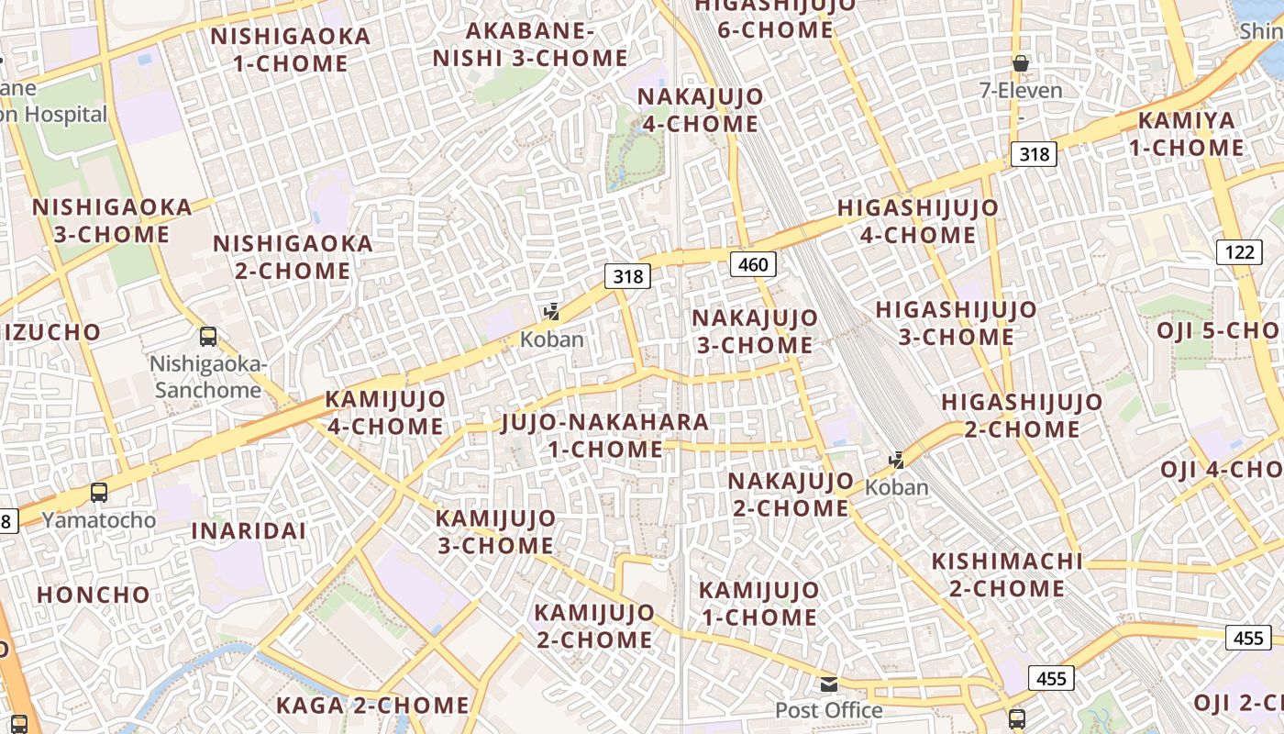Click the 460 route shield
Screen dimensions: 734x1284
[x=753, y=265]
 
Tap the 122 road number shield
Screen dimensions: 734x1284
[x=1239, y=251]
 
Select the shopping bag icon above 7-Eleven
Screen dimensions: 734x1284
[x=1020, y=63]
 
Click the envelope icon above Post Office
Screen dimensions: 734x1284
[x=829, y=684]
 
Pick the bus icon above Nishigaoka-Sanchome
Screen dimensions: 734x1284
[x=208, y=337]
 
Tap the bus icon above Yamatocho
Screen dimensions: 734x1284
[x=99, y=493]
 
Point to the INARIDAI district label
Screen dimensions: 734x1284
[x=249, y=530]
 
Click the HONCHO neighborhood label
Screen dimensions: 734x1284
[x=94, y=595]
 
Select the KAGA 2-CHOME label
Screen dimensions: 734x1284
[x=372, y=706]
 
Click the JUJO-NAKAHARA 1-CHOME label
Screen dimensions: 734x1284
[x=605, y=436]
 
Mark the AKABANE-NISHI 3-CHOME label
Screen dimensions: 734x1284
[x=530, y=44]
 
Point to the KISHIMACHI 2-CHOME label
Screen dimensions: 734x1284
[x=1007, y=574]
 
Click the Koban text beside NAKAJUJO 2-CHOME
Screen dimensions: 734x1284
[x=897, y=487]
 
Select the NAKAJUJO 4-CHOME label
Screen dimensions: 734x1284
[x=700, y=110]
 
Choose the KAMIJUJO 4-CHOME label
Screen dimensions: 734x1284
[x=385, y=413]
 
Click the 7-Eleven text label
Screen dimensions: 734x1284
[x=1021, y=91]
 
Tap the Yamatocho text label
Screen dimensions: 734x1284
[x=99, y=520]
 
